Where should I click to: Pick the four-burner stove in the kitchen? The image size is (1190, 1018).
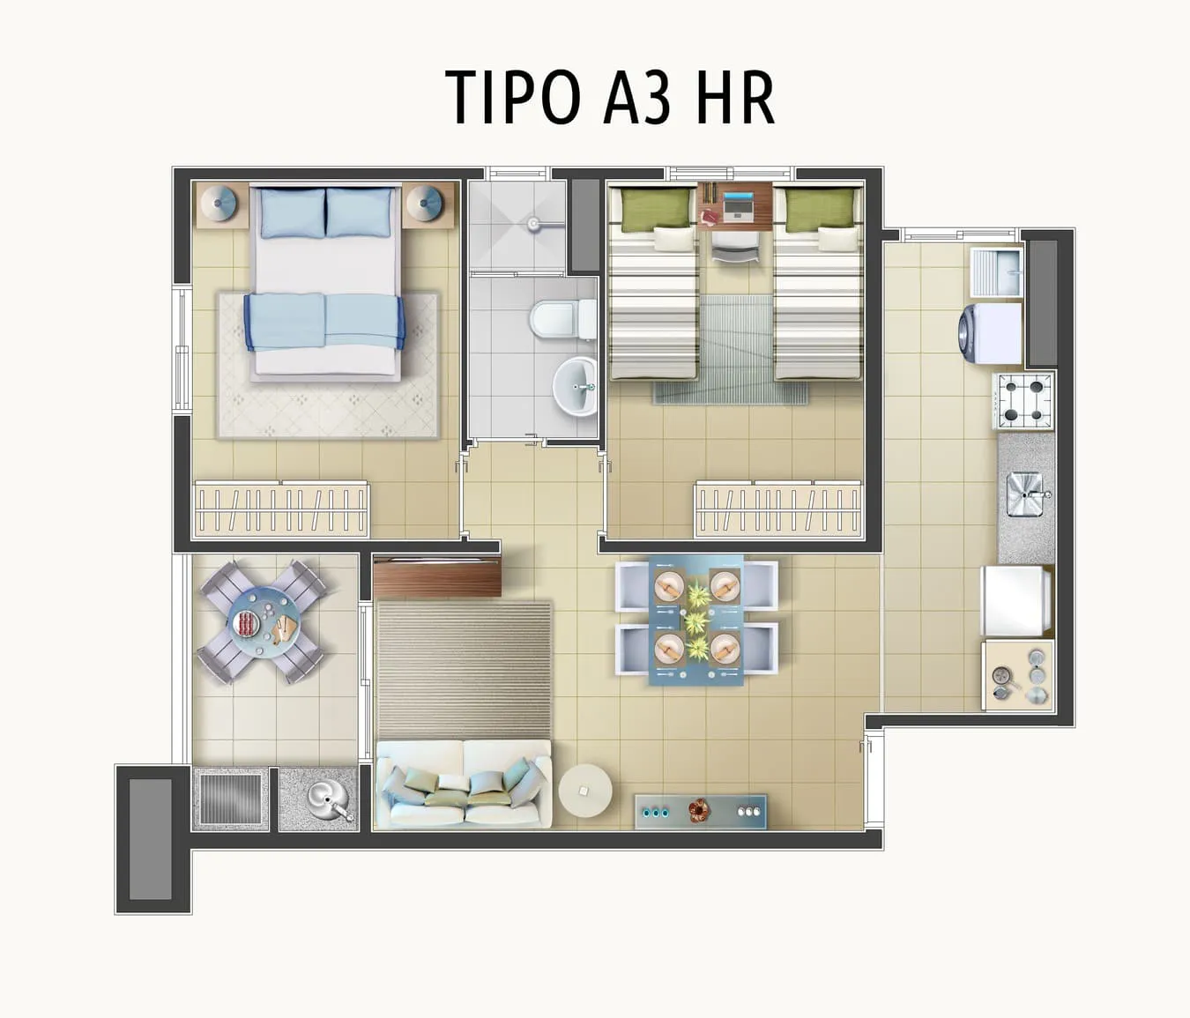coord(1023,401)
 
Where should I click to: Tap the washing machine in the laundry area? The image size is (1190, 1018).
coord(990,334)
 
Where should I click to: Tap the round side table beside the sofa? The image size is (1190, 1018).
coord(585,790)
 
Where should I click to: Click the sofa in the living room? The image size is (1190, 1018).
coord(464,784)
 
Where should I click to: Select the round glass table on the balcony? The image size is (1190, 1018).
coord(263,621)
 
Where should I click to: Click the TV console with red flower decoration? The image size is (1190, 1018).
coord(701,812)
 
